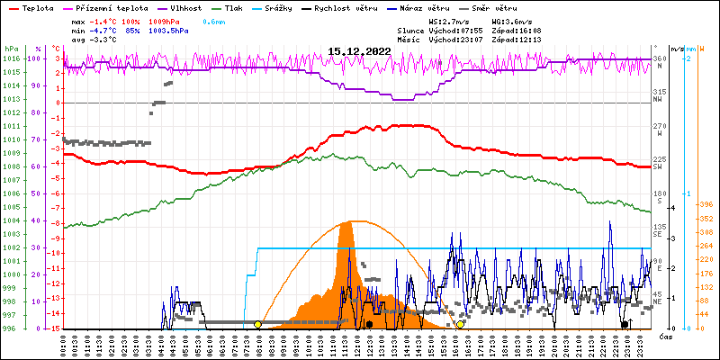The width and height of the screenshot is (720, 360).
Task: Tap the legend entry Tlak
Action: tap(246, 7)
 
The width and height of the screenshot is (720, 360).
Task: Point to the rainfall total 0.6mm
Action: tap(213, 20)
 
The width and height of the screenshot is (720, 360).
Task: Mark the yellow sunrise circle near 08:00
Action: tap(258, 324)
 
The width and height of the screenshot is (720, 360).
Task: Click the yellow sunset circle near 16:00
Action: tap(461, 324)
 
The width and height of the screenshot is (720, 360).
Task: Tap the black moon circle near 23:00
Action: tap(625, 324)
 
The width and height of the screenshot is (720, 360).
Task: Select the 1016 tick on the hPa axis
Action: tap(11, 58)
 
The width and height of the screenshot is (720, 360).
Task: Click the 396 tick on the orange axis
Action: tap(706, 204)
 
